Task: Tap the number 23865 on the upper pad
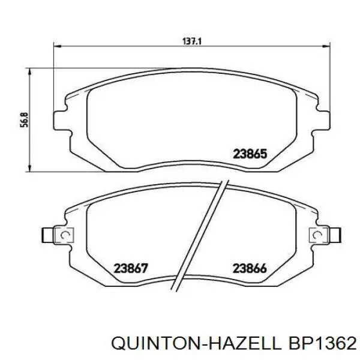249,154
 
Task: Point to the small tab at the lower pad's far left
46,234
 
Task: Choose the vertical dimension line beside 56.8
30,120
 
